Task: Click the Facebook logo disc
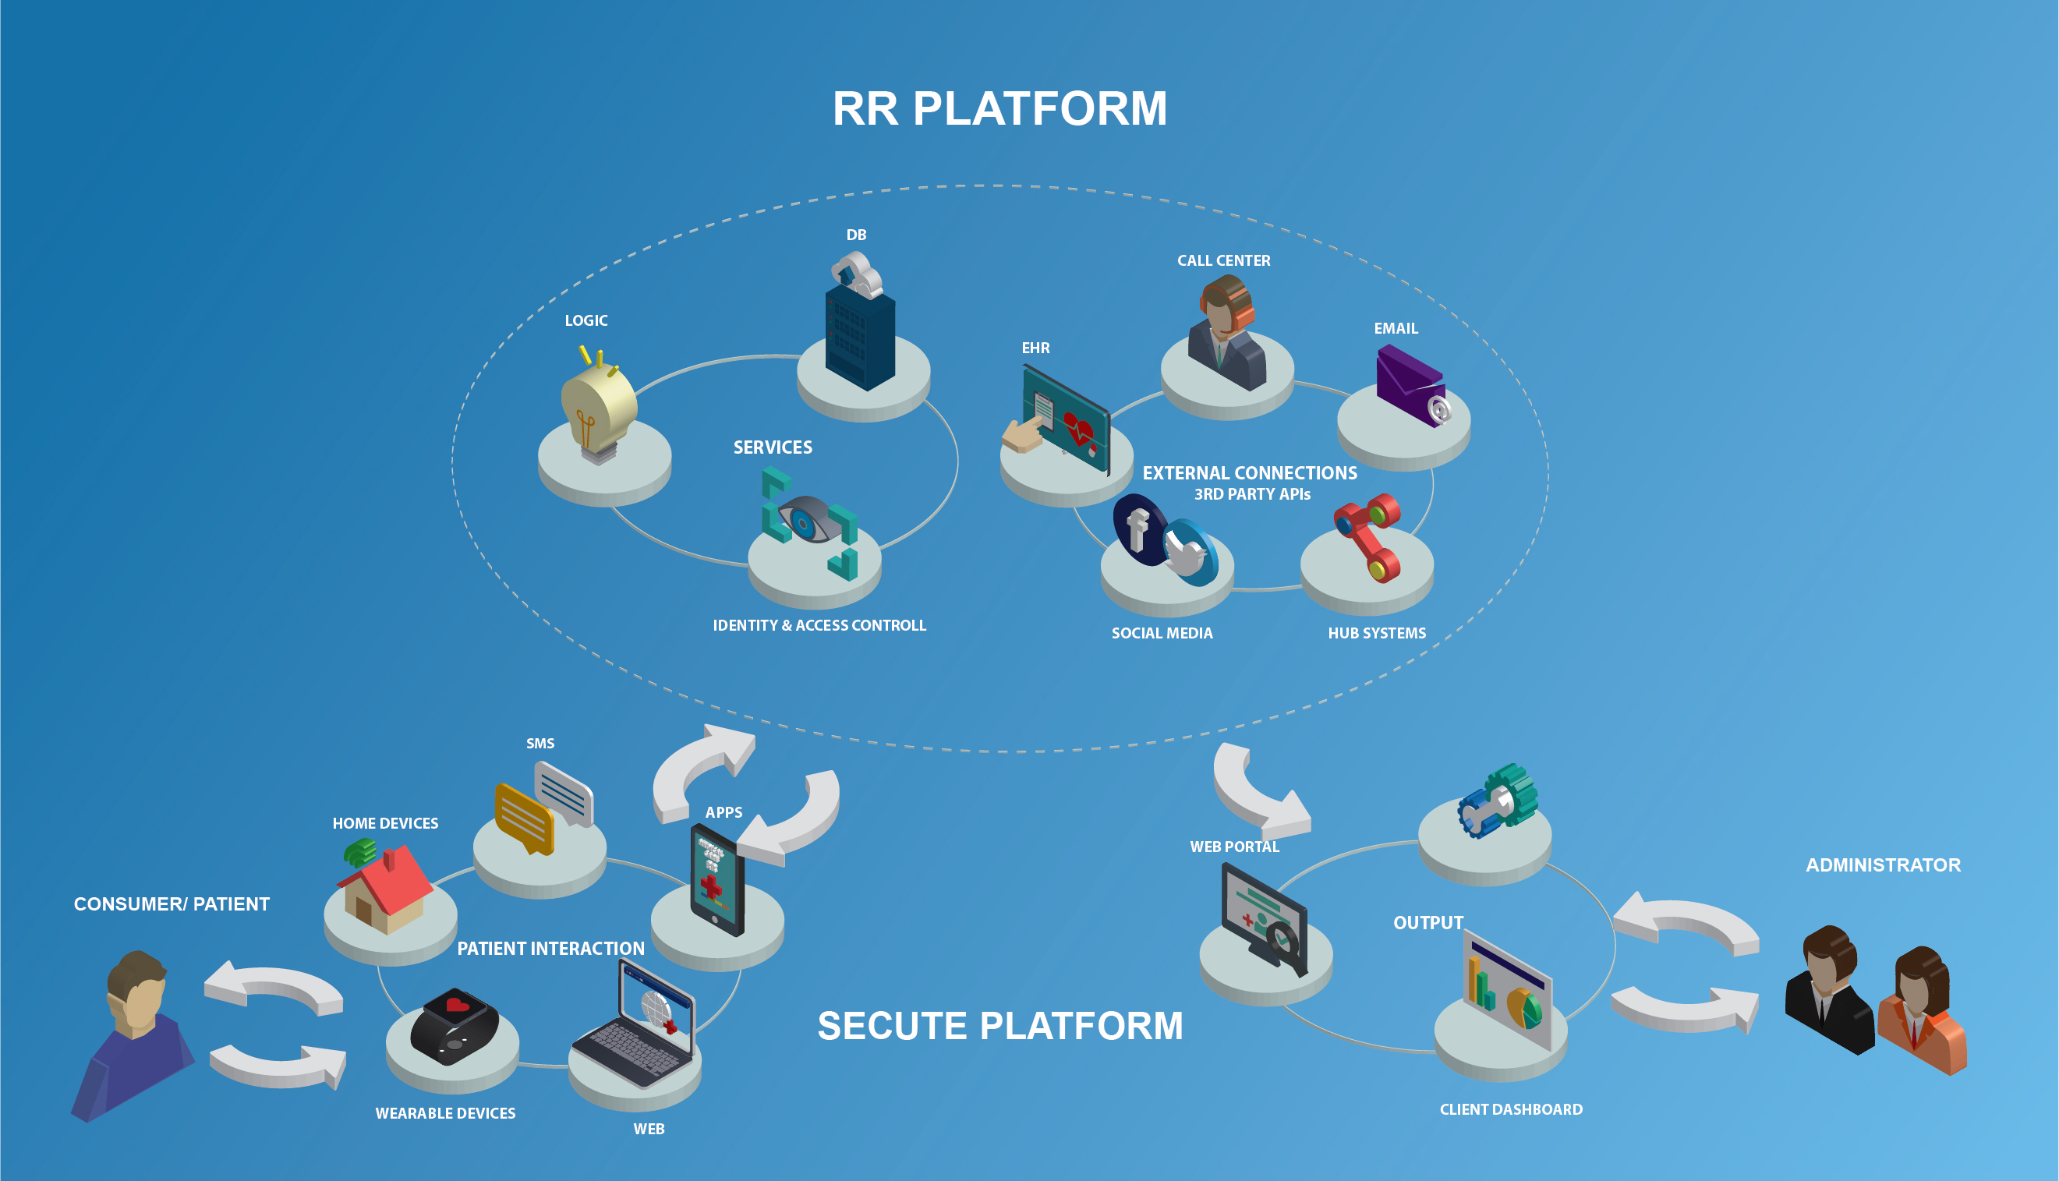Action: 1138,529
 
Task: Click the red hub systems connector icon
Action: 1369,536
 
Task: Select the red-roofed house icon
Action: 386,889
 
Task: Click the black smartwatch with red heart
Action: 453,1025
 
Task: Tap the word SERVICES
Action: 772,447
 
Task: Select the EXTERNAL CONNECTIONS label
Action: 1249,473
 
